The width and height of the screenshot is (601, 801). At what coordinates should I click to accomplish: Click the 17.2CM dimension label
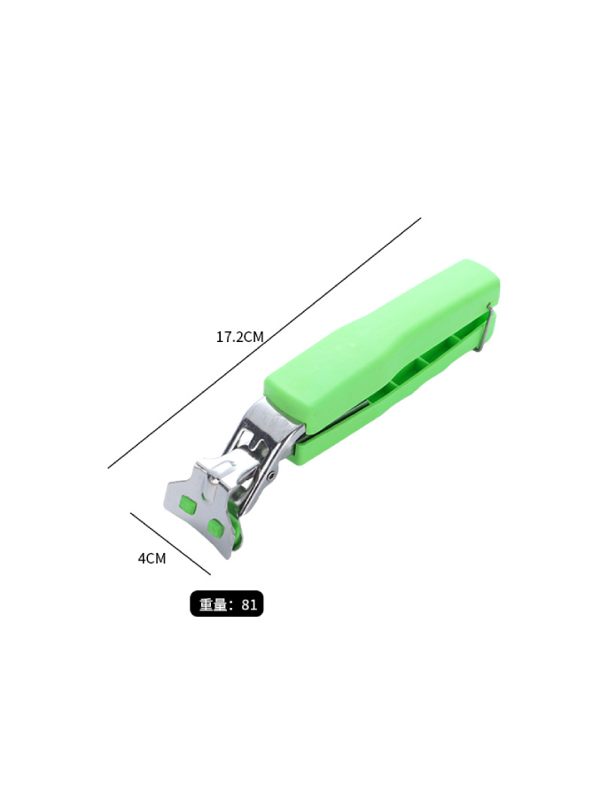coord(239,337)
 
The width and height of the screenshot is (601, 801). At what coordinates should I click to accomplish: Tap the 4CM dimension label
coord(152,558)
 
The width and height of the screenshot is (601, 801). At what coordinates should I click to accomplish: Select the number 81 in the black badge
coord(249,604)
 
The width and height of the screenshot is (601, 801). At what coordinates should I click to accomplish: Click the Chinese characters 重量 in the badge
coord(213,604)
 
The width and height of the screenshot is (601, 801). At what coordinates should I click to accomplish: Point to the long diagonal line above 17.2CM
coord(264,343)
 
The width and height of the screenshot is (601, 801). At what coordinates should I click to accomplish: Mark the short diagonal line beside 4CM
coord(170,543)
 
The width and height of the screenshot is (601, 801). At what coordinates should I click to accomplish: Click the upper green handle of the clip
coord(382,345)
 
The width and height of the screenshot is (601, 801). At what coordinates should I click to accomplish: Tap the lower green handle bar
coord(394,393)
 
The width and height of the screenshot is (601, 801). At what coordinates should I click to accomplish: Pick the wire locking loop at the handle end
coord(485,328)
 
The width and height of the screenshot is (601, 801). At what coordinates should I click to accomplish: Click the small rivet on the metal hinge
coord(271,476)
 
